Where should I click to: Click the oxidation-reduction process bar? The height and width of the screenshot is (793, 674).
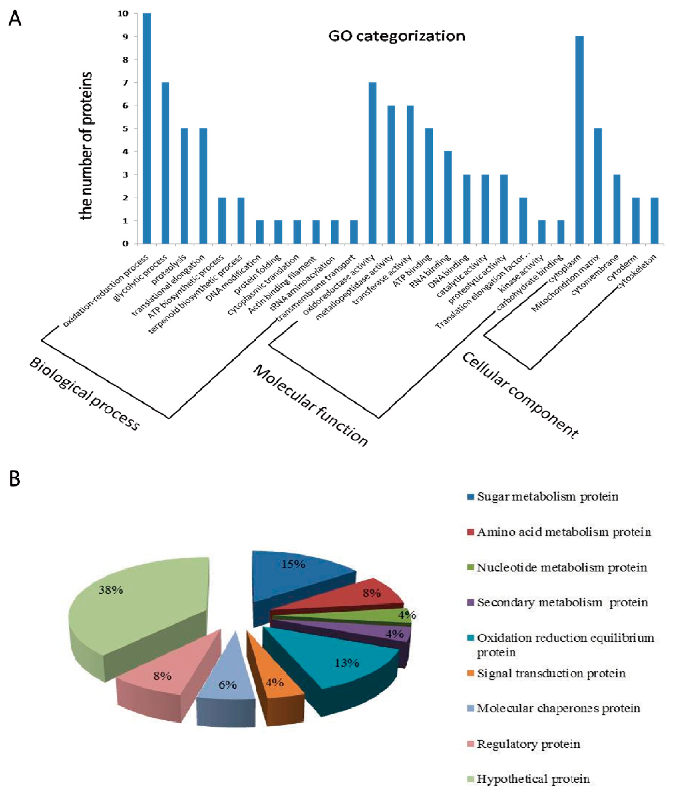[x=147, y=128]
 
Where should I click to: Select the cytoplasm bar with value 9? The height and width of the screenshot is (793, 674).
[x=579, y=140]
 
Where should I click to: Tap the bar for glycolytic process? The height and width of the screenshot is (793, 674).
[x=166, y=163]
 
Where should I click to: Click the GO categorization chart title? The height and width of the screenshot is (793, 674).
[x=397, y=36]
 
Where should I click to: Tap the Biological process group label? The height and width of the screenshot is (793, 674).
[x=84, y=394]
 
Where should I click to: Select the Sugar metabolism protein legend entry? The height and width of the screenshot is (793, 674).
[x=547, y=497]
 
